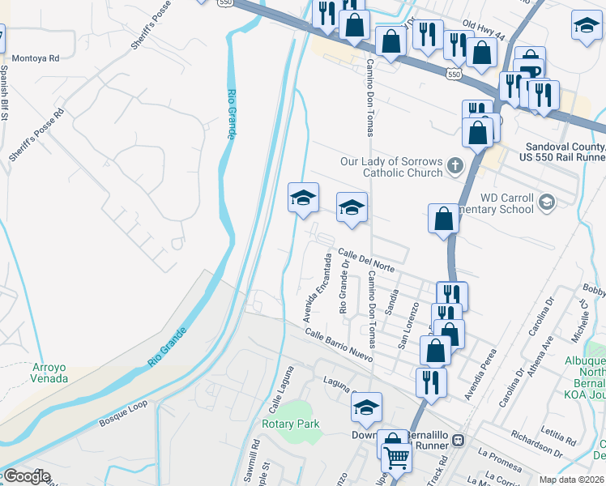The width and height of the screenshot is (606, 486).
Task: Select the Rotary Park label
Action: (290, 424)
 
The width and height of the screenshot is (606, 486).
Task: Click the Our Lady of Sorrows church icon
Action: (455, 167)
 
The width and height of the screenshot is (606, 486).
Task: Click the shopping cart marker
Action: (397, 457)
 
